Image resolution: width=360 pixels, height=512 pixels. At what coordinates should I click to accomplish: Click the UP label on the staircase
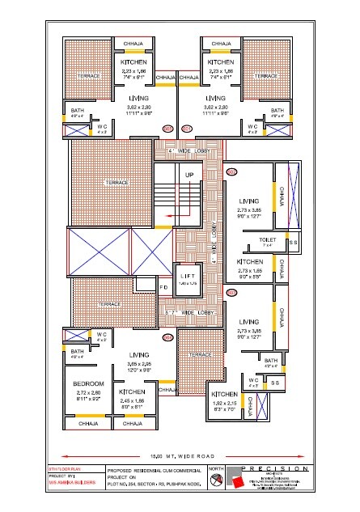(x=191, y=175)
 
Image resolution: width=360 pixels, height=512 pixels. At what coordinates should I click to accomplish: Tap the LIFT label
(x=188, y=276)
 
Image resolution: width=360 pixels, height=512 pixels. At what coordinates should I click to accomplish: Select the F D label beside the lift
(x=163, y=286)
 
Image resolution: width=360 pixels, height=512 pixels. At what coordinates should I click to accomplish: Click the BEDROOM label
(x=87, y=383)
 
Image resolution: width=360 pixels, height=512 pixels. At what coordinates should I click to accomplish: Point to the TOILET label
(x=268, y=240)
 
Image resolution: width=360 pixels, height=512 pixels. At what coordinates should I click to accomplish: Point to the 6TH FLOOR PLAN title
(x=64, y=468)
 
